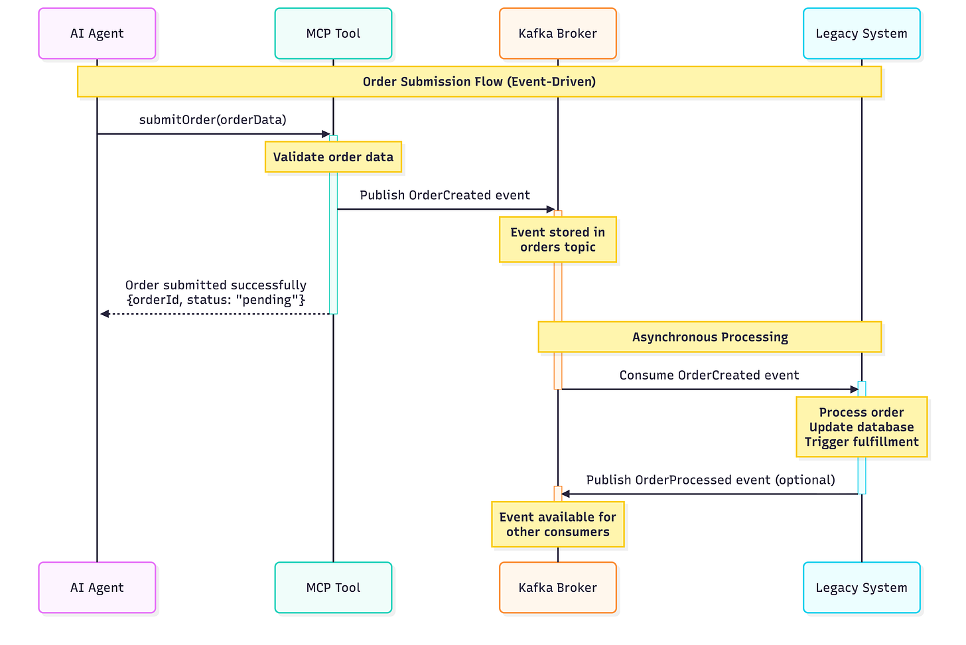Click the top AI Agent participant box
click(x=97, y=34)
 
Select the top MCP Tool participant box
click(x=333, y=34)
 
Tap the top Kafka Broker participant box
click(x=557, y=34)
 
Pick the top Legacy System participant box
click(x=861, y=34)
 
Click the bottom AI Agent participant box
click(x=97, y=588)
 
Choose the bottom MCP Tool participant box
click(x=333, y=588)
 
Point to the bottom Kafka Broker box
click(x=557, y=588)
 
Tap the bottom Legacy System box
click(x=861, y=588)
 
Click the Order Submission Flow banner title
click(x=479, y=82)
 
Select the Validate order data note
click(x=333, y=157)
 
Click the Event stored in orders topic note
click(x=557, y=240)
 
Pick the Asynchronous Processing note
click(x=709, y=337)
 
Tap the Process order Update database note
click(x=861, y=427)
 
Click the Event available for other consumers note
click(x=557, y=524)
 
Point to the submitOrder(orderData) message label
click(x=212, y=120)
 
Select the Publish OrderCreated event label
click(x=445, y=195)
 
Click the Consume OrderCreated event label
click(x=709, y=376)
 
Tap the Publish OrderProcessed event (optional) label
click(x=710, y=480)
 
